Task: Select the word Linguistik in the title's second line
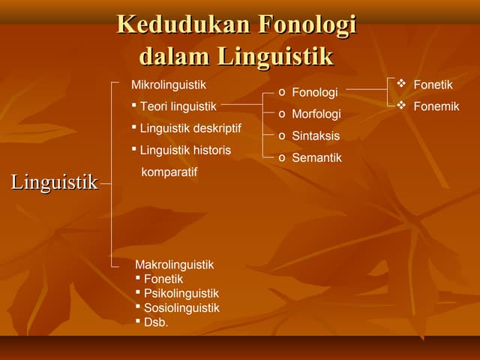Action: click(275, 56)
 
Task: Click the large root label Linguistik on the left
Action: click(54, 182)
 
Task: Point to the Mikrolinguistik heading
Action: click(168, 85)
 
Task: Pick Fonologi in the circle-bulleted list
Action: click(314, 92)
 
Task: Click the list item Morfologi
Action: click(316, 114)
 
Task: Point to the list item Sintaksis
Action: click(315, 136)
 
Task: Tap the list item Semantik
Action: click(316, 157)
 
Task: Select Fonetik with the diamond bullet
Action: click(433, 85)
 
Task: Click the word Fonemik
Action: click(436, 106)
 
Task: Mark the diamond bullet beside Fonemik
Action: click(400, 106)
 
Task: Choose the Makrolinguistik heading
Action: click(174, 265)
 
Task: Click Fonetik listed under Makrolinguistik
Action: click(163, 279)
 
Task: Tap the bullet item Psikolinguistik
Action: click(181, 293)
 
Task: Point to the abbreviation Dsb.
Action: click(156, 322)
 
